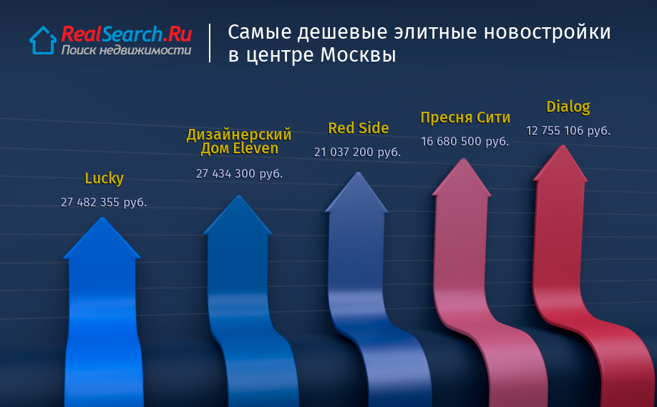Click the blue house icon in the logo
click(x=43, y=40)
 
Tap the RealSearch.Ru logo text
click(x=127, y=34)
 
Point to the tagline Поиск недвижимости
click(x=126, y=50)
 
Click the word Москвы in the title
click(x=359, y=55)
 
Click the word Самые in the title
click(x=259, y=32)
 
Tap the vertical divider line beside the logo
click(x=210, y=43)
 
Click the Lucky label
click(x=104, y=178)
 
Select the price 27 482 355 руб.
click(x=104, y=203)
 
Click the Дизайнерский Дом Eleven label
click(x=239, y=141)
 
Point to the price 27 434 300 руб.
click(x=239, y=173)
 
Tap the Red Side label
click(x=359, y=128)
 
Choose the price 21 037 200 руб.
click(x=357, y=153)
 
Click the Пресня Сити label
click(x=465, y=118)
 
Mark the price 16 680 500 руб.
click(x=464, y=141)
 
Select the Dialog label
click(x=568, y=107)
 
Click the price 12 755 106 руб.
click(x=568, y=131)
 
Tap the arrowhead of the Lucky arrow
click(x=102, y=239)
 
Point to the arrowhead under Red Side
click(x=357, y=192)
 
